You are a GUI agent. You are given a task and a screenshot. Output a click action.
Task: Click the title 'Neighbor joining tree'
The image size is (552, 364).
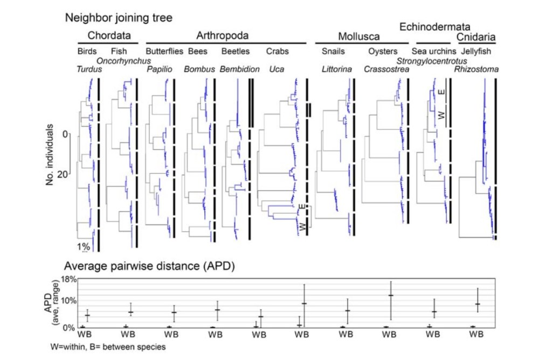(119, 18)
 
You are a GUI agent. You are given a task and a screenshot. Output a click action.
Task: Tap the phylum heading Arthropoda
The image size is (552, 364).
(222, 36)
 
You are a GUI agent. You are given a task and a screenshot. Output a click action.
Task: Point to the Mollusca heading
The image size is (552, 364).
(358, 37)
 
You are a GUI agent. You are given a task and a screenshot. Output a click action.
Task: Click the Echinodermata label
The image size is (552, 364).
(434, 26)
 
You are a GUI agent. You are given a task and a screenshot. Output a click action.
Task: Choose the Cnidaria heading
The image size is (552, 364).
(477, 37)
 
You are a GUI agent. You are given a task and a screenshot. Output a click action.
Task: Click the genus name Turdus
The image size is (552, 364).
(88, 69)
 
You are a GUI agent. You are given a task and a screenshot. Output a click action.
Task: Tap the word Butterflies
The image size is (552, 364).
(164, 52)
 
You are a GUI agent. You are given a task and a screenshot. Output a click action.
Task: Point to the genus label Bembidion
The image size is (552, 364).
(240, 70)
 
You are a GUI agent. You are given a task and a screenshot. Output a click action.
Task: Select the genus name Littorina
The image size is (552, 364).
(337, 70)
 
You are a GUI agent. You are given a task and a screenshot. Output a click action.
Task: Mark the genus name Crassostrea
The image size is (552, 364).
(384, 70)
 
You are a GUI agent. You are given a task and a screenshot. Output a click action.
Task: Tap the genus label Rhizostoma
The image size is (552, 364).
(475, 70)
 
